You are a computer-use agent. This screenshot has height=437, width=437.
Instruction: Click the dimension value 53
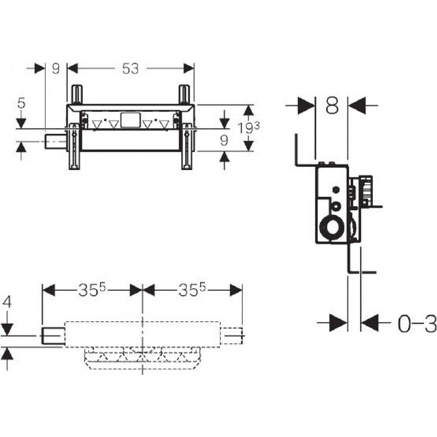(x=130, y=68)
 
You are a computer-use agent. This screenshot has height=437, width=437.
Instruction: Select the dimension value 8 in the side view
(x=332, y=105)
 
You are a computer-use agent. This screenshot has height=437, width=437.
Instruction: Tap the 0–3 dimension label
(x=416, y=323)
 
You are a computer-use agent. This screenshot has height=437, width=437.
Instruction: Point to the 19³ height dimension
(x=249, y=128)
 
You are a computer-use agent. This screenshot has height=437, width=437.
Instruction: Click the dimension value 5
(x=21, y=103)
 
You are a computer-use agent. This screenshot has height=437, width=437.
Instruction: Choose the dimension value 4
(x=7, y=302)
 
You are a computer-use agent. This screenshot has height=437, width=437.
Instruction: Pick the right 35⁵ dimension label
(x=192, y=290)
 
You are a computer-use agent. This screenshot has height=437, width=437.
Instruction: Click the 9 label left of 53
(x=56, y=68)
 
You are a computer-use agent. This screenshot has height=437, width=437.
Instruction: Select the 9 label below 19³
(x=224, y=141)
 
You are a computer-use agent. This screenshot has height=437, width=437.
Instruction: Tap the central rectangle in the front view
(x=130, y=120)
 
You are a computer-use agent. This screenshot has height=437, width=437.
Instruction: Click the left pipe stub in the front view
(x=55, y=142)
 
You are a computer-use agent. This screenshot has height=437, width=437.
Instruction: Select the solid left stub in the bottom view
(x=53, y=336)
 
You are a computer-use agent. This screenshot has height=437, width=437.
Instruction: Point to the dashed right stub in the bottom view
(x=232, y=336)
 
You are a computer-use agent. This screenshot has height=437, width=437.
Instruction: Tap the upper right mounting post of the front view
(x=184, y=94)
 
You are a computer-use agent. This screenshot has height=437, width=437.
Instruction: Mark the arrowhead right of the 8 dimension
(x=357, y=105)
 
